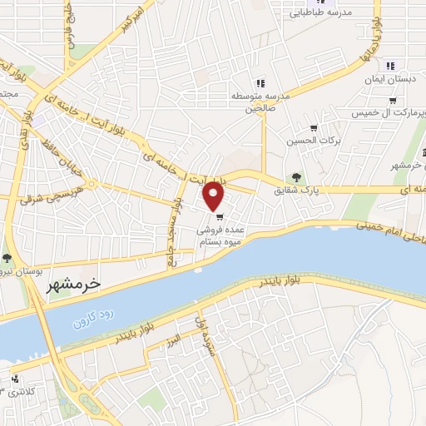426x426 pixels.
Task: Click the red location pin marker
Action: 215,196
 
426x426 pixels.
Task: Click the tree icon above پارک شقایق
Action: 297,176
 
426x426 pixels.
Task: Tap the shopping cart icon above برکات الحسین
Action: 314,128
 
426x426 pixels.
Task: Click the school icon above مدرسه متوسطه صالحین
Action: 260,82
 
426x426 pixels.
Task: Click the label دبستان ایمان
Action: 388,80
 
